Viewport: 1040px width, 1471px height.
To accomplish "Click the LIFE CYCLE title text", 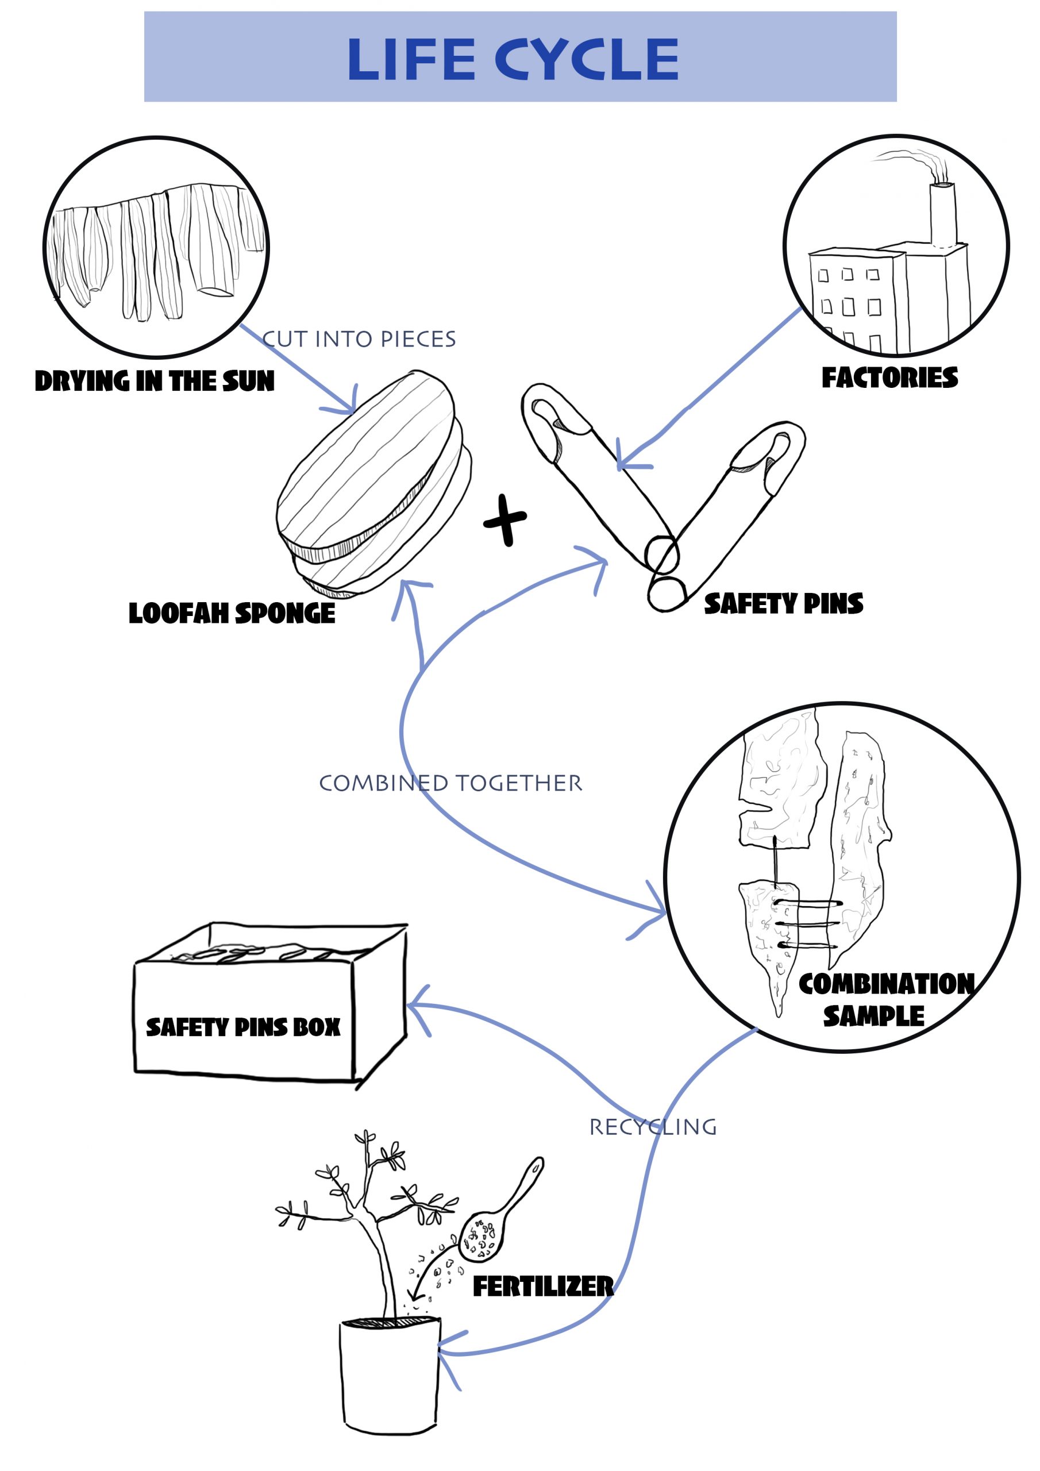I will pos(513,59).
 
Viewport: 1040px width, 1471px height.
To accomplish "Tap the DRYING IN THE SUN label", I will pos(155,381).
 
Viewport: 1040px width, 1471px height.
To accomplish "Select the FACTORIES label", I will pos(889,378).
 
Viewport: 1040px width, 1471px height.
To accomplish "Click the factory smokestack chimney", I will pos(943,215).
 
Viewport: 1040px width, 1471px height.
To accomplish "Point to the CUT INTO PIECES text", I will pos(359,339).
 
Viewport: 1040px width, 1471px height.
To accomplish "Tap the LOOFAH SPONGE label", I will pos(232,613).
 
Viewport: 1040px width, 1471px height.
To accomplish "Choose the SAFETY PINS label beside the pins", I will pos(783,603).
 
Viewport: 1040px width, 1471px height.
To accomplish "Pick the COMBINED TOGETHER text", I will pos(450,783).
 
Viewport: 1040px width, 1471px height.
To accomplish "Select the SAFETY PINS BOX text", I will pos(243,1027).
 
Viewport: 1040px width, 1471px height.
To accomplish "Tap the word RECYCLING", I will pos(652,1127).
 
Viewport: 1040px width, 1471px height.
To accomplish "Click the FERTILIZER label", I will pos(543,1286).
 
